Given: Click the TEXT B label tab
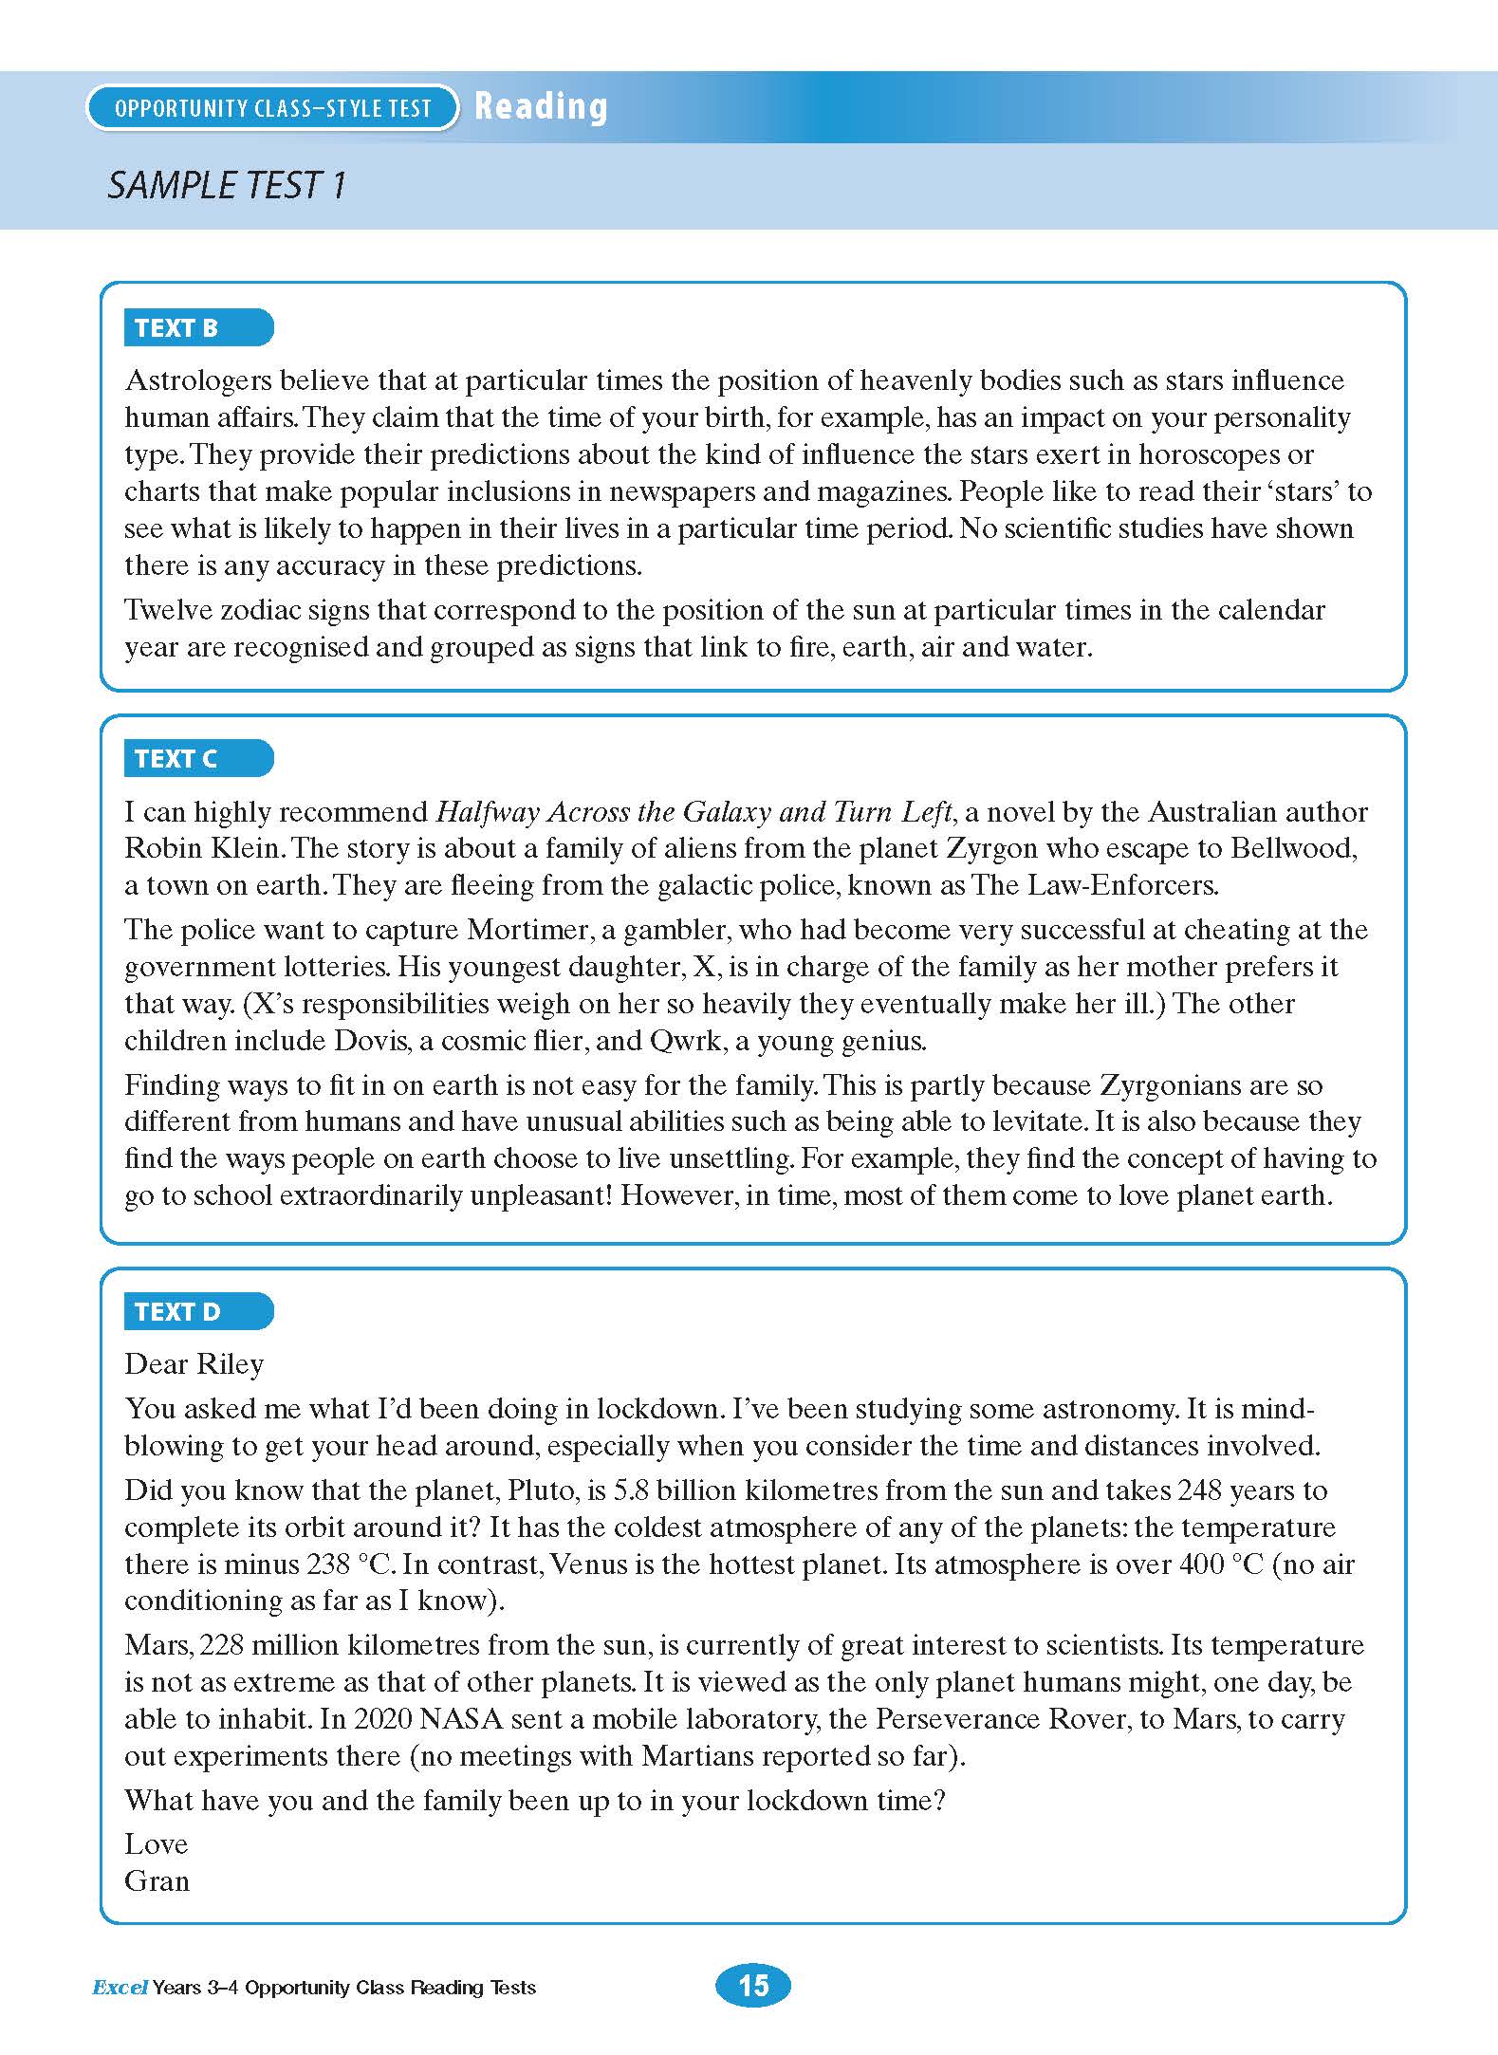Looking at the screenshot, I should pos(197,328).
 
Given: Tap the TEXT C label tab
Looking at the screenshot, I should pos(197,759).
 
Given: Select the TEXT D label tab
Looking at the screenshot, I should pos(197,1312).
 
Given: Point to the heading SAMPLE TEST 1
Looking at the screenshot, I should pos(227,185).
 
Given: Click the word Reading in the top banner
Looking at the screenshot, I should pos(541,106).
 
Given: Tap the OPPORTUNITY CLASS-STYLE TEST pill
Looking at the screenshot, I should pos(272,108).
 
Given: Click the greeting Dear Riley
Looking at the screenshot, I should pos(194,1364).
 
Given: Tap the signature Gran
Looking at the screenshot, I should pos(157,1880).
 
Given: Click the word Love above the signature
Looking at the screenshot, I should pos(156,1843).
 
